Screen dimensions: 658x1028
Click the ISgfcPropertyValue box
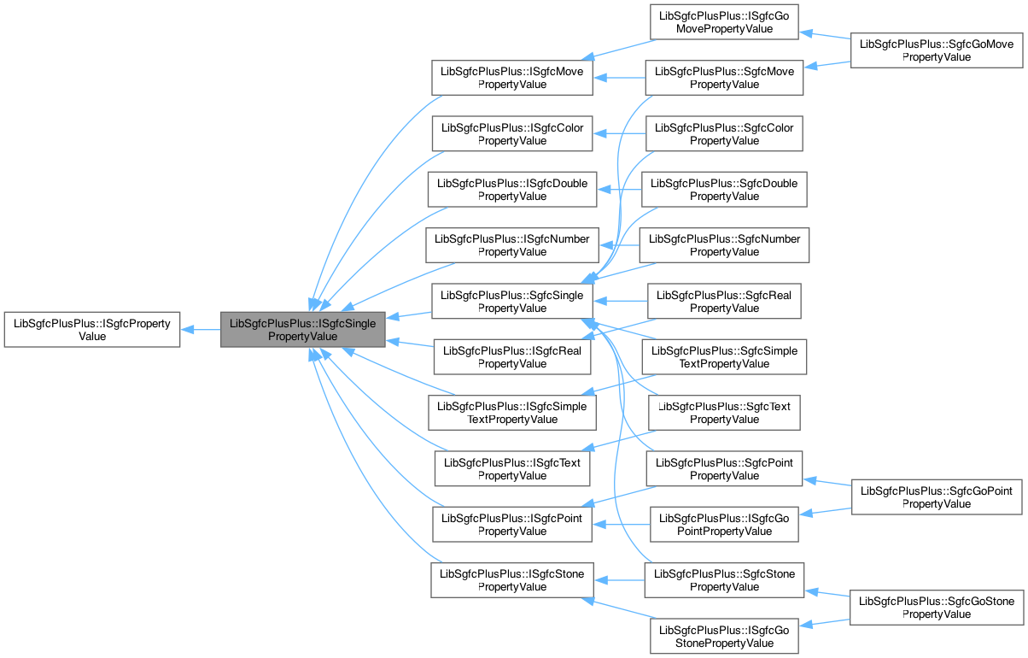91,330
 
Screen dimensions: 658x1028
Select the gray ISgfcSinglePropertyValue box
303,330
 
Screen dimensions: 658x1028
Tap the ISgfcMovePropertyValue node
511,78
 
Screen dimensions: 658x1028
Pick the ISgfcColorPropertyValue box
511,134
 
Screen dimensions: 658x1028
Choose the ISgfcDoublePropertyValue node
511,190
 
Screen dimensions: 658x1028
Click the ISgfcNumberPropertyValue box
511,245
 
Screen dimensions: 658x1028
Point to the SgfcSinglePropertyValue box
511,302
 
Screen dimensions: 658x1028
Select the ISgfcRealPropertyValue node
511,357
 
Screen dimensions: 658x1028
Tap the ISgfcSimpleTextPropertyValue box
511,413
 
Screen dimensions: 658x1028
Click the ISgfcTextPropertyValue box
511,469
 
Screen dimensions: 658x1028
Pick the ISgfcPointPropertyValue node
511,525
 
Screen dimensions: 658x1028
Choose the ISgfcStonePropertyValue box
511,580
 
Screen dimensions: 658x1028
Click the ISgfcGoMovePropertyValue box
724,22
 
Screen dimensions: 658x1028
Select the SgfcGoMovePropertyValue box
937,50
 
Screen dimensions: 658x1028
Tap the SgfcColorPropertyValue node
724,134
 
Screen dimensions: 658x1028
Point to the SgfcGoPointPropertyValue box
937,496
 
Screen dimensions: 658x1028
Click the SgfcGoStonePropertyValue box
937,608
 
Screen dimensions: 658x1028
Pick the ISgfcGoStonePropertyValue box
724,636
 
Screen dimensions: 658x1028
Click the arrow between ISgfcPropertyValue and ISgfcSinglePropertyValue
200,330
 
